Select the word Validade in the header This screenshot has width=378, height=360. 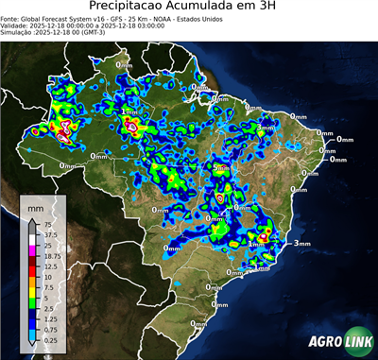coord(18,26)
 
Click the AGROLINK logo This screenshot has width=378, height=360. coord(337,342)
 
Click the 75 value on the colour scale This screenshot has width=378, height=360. coord(47,224)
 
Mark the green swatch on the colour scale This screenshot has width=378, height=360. coord(32,302)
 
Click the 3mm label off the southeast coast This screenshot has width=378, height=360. coord(302,243)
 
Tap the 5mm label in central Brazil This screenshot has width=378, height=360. coord(221,168)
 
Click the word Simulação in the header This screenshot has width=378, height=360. coord(18,33)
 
